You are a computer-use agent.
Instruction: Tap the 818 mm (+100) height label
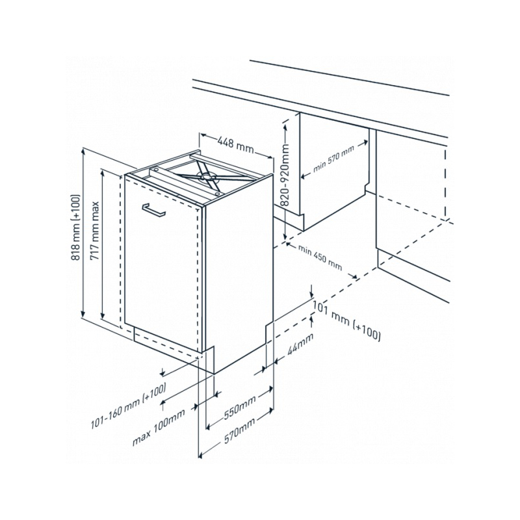tap(76, 227)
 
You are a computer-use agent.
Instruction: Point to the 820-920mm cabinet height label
tap(285, 175)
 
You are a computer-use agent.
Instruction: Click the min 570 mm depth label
tap(333, 159)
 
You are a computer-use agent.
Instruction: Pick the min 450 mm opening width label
tap(320, 257)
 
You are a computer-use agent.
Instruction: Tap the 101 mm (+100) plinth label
tap(347, 320)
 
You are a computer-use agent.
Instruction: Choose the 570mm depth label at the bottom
tap(240, 430)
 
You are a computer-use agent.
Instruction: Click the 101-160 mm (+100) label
tap(129, 406)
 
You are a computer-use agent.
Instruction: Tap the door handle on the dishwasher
tap(153, 210)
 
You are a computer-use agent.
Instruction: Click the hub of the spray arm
tap(206, 176)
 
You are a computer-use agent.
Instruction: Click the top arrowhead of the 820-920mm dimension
tap(285, 127)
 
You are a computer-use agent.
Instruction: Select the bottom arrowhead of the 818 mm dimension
tap(83, 313)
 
